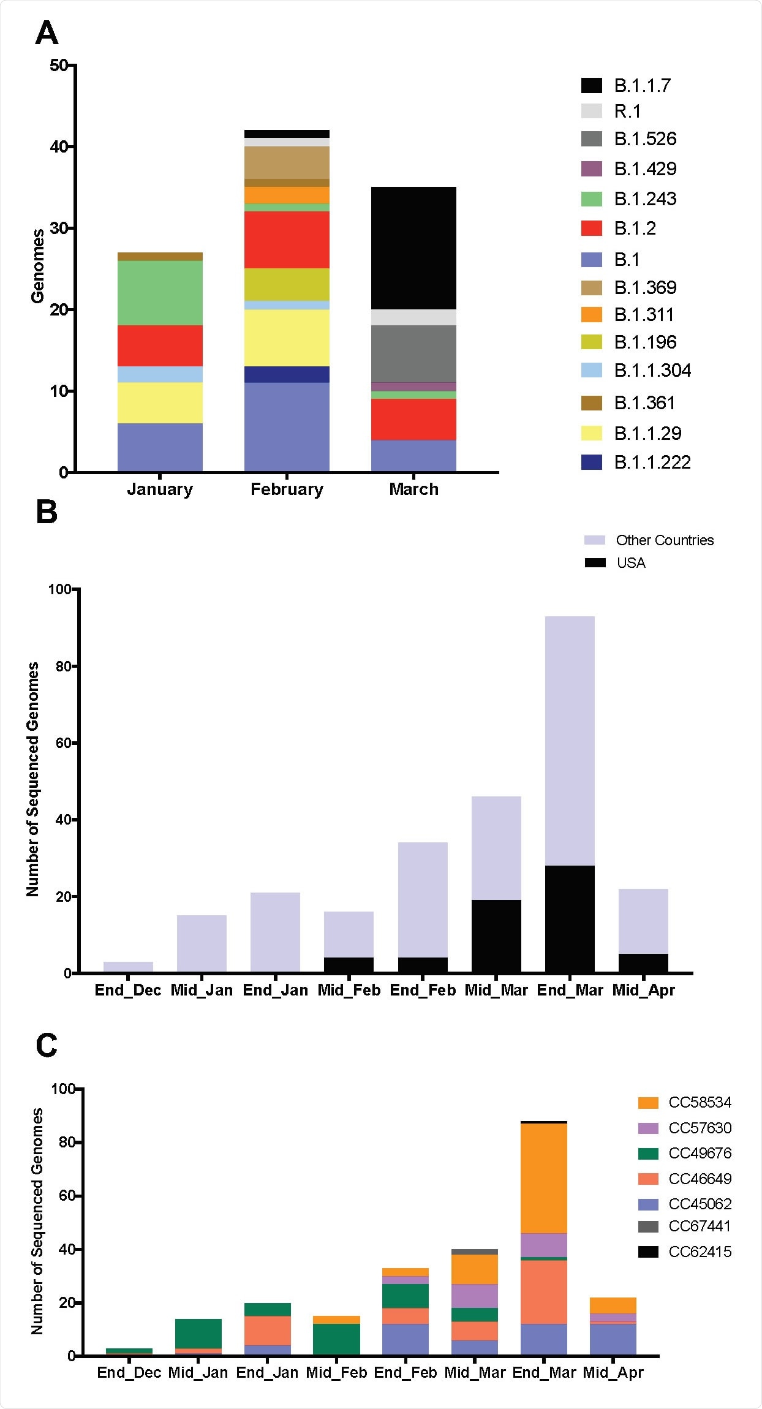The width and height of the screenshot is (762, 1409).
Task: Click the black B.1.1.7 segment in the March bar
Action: [x=413, y=247]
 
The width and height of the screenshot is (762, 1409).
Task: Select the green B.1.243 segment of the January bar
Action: [x=160, y=292]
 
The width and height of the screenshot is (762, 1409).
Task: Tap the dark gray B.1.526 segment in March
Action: [x=413, y=353]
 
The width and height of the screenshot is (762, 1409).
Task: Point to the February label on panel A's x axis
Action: [x=287, y=489]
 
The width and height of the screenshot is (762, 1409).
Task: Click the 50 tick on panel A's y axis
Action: [x=59, y=65]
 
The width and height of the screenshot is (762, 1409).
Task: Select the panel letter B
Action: [x=47, y=512]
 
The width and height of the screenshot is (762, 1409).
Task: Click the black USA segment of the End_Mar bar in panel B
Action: [x=570, y=918]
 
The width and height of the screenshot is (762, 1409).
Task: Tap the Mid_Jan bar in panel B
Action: [x=202, y=943]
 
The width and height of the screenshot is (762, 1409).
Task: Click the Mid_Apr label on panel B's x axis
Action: [x=643, y=991]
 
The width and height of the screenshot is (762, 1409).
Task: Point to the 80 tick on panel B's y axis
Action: [x=64, y=666]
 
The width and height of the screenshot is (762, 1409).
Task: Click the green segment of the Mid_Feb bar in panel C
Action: [x=336, y=1339]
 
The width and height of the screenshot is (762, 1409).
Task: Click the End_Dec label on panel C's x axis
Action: [x=129, y=1373]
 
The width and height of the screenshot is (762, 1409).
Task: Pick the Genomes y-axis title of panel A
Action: [x=37, y=266]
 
